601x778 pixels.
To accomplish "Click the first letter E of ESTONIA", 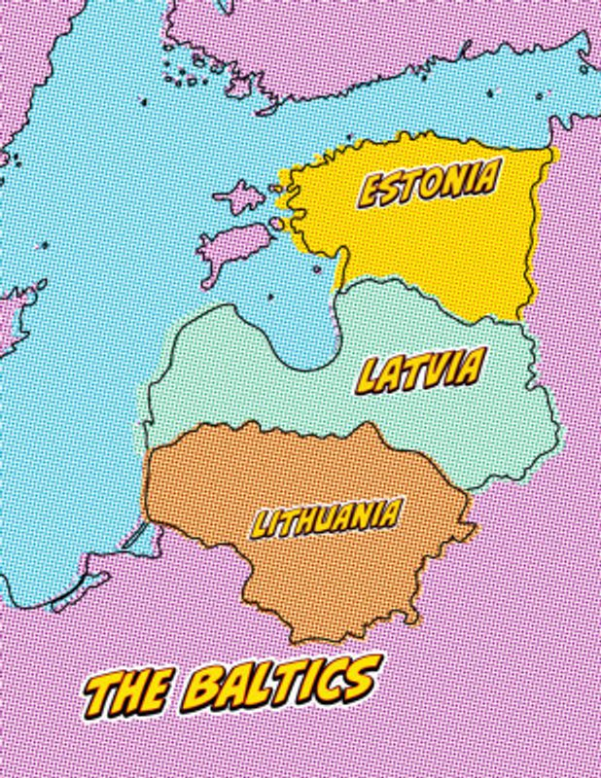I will tap(371, 193).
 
